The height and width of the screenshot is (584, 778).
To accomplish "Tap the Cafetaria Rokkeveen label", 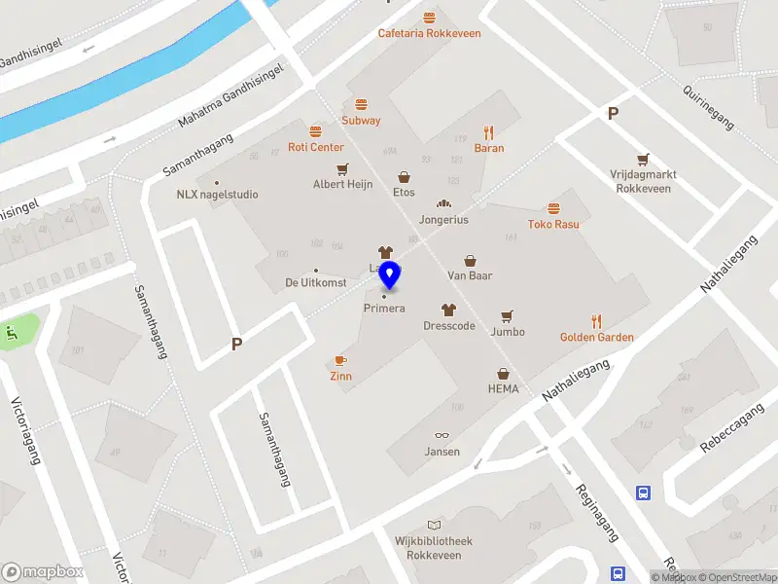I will (429, 34).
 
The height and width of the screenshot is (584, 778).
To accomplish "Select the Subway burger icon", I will (361, 104).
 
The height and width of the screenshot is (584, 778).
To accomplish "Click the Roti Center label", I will (316, 147).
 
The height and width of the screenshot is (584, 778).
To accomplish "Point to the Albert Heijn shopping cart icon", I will (342, 167).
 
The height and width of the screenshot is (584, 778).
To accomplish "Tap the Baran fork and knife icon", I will (489, 132).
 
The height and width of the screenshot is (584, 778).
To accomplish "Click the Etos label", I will (404, 193).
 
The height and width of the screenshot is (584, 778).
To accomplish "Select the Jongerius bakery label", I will (443, 220).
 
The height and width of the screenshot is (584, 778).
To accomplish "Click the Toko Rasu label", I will (553, 224).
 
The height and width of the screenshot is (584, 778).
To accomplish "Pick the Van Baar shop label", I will (470, 275).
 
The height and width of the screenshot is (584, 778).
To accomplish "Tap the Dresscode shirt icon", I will (448, 310).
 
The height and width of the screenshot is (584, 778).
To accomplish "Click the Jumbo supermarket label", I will (508, 332).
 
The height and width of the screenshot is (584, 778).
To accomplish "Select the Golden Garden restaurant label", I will (596, 338).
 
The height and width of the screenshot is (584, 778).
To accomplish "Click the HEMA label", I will (503, 389).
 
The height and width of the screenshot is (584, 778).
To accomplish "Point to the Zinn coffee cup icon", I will (340, 360).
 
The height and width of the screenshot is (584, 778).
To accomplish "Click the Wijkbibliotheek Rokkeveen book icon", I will (434, 526).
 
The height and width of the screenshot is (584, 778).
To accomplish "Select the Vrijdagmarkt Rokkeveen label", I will (642, 181).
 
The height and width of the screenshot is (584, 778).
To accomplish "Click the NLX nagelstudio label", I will (217, 194).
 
